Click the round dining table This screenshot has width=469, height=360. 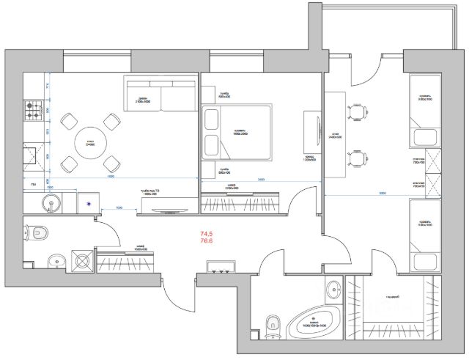pos(91,141)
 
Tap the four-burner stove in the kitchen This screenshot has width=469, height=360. pos(33,112)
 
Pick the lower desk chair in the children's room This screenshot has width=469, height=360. pos(358,158)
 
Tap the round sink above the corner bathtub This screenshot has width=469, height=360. pos(334,287)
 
